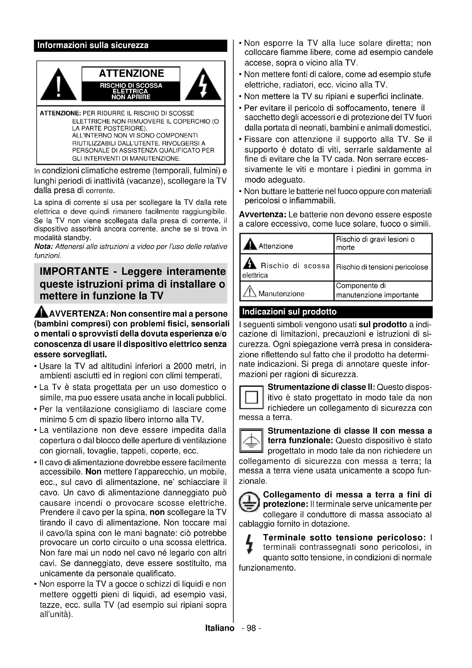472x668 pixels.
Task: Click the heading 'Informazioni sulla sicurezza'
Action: point(93,45)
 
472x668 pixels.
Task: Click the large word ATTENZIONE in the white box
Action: point(131,73)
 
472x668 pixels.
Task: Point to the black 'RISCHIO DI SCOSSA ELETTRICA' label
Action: point(131,91)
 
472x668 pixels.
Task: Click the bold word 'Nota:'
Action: point(43,247)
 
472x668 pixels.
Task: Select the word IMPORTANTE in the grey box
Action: point(74,271)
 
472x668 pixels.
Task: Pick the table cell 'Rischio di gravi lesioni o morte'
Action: point(382,244)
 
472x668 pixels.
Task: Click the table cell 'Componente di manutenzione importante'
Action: point(382,290)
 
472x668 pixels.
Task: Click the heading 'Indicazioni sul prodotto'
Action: point(289,312)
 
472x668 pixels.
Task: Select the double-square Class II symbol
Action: point(251,398)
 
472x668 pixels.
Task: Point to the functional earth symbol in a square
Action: point(251,441)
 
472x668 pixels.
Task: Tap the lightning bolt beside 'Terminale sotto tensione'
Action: point(249,543)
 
